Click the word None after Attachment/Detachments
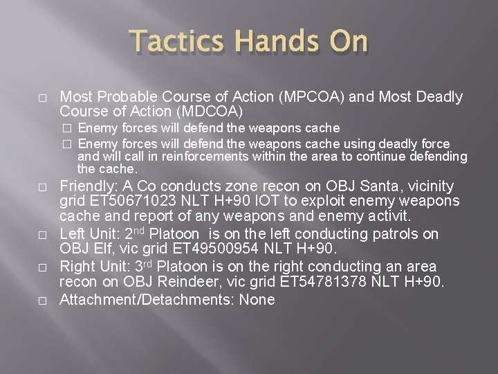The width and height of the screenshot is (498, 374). click(x=257, y=299)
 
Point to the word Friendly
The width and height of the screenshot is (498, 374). click(x=86, y=186)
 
